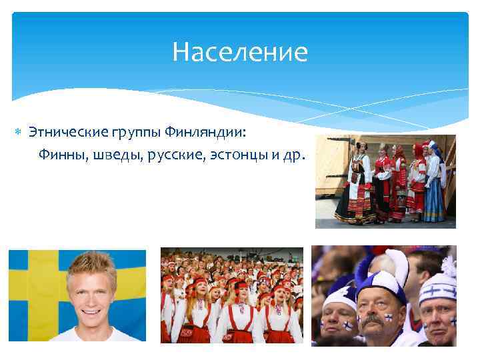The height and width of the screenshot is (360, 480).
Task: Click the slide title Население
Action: [x=240, y=51]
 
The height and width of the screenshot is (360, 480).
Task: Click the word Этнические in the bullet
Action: [x=61, y=133]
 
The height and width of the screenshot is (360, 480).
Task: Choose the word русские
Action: [x=173, y=156]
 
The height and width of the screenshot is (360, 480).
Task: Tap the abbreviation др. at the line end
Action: [x=294, y=156]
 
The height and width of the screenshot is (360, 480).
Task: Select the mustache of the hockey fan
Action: [x=374, y=319]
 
